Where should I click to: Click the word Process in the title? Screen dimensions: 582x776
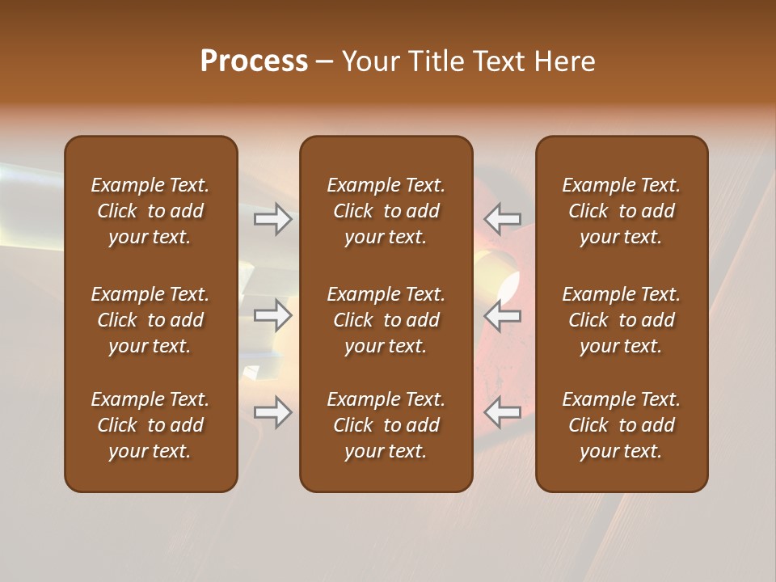[x=254, y=61]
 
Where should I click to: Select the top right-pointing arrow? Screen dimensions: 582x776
[x=273, y=219]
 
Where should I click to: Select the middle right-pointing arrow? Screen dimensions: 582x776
[x=273, y=315]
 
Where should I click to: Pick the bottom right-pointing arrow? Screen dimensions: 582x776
[x=273, y=413]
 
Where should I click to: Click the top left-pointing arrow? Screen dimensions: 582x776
[x=503, y=219]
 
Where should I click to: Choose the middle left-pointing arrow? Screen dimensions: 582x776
[x=503, y=315]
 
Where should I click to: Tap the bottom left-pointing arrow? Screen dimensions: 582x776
[x=503, y=413]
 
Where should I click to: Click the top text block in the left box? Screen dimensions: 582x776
[x=150, y=211]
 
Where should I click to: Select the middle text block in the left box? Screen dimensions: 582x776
[x=150, y=320]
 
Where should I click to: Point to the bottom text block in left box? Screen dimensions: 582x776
[x=150, y=425]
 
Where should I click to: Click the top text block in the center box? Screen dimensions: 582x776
[x=386, y=211]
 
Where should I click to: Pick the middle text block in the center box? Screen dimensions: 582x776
[x=386, y=320]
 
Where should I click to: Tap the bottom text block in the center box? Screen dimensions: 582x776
[x=386, y=425]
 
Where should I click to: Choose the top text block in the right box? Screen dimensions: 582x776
[x=622, y=211]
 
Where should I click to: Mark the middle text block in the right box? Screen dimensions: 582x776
[x=622, y=320]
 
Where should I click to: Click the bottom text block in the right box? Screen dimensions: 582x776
[x=622, y=425]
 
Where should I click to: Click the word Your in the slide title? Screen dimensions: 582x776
[x=370, y=61]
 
